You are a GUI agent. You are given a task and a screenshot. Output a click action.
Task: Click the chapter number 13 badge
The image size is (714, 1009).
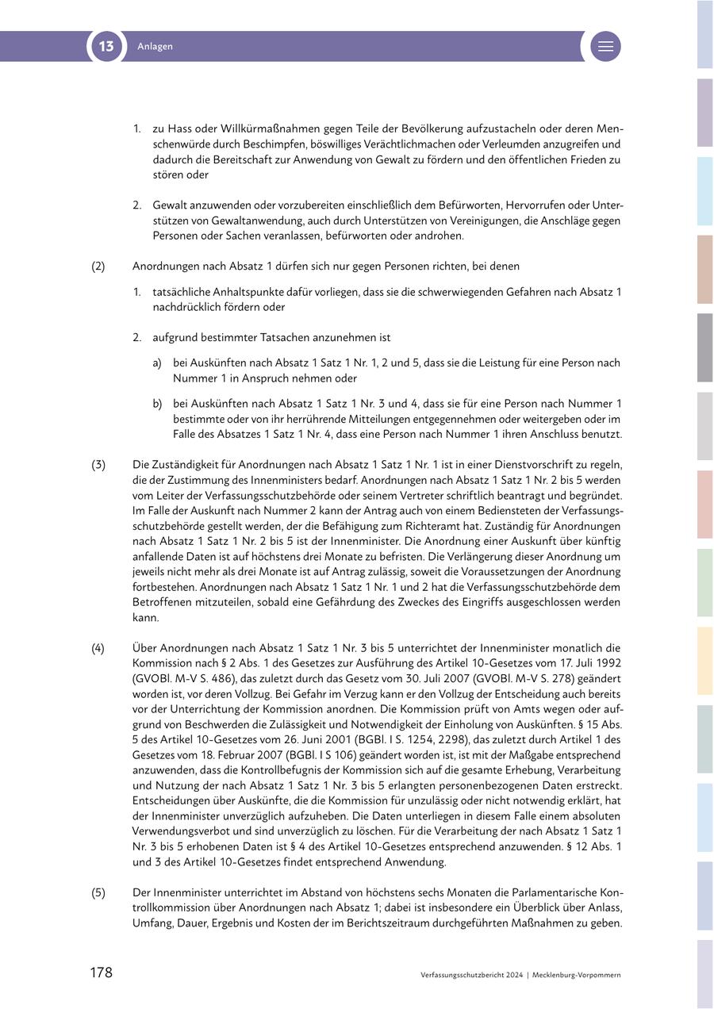(106, 46)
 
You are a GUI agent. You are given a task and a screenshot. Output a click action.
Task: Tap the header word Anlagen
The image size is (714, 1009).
(155, 47)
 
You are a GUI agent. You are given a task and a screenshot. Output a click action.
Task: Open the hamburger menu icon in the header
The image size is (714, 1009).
(605, 46)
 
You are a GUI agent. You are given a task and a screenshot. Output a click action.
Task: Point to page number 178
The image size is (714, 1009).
(101, 973)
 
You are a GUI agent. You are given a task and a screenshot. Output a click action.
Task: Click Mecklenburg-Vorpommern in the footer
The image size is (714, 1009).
(577, 975)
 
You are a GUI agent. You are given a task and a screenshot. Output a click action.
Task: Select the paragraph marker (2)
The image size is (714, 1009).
(98, 267)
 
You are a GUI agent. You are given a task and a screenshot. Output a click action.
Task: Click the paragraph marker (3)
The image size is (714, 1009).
(98, 465)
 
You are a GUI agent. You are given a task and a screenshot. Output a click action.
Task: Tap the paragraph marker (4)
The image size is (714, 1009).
(98, 648)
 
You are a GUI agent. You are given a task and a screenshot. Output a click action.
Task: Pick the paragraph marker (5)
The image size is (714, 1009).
(98, 893)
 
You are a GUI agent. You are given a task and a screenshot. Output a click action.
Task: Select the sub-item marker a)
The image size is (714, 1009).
(157, 363)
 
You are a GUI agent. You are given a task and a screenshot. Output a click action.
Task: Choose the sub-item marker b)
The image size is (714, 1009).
(157, 404)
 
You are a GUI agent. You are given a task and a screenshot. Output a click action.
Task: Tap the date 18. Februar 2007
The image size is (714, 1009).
(238, 755)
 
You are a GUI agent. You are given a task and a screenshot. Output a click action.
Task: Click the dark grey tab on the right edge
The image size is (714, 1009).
(704, 347)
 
